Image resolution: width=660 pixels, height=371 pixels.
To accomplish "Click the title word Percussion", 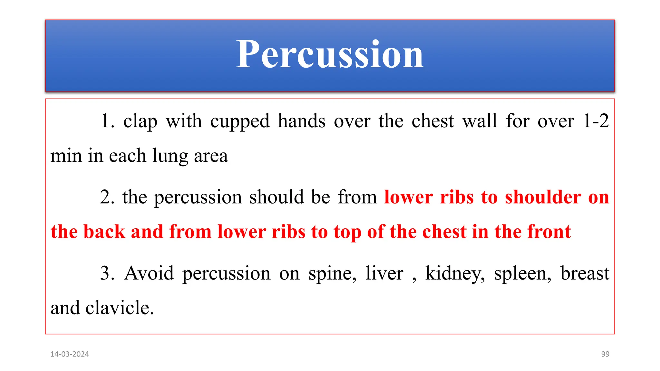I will pyautogui.click(x=330, y=54).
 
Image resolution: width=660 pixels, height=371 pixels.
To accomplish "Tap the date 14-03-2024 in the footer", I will pyautogui.click(x=70, y=354).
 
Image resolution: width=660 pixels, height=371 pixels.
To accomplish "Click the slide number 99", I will pyautogui.click(x=605, y=354).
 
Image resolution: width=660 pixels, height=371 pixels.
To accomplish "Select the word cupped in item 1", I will pyautogui.click(x=240, y=122).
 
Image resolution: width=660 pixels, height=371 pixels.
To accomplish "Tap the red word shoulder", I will pyautogui.click(x=543, y=197).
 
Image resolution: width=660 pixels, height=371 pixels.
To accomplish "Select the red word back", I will pyautogui.click(x=104, y=232).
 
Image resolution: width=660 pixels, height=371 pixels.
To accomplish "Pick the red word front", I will pyautogui.click(x=548, y=232).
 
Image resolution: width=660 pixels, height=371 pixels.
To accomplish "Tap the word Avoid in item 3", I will pyautogui.click(x=149, y=273).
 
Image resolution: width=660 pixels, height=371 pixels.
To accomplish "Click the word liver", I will pyautogui.click(x=384, y=273).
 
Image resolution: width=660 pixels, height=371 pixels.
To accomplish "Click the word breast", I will pyautogui.click(x=585, y=273).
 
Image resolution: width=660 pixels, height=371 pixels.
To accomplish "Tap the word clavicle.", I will pyautogui.click(x=119, y=308).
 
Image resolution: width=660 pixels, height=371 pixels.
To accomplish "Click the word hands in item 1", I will pyautogui.click(x=302, y=121).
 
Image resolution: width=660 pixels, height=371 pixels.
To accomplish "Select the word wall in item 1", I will pyautogui.click(x=480, y=121).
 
